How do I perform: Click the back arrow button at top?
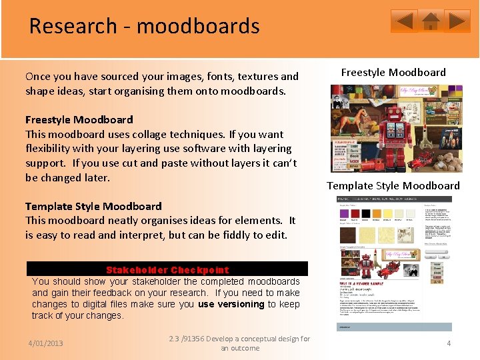pyautogui.click(x=404, y=21)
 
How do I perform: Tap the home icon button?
pyautogui.click(x=431, y=21)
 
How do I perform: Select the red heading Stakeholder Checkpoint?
pyautogui.click(x=167, y=270)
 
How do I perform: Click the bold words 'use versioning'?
pyautogui.click(x=231, y=304)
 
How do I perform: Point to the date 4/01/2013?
pyautogui.click(x=45, y=343)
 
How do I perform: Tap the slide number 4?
pyautogui.click(x=449, y=343)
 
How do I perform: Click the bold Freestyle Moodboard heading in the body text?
pyautogui.click(x=79, y=120)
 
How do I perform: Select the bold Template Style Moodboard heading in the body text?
pyautogui.click(x=93, y=206)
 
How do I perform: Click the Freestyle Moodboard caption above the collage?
pyautogui.click(x=393, y=72)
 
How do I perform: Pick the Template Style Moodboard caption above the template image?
pyautogui.click(x=393, y=185)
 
